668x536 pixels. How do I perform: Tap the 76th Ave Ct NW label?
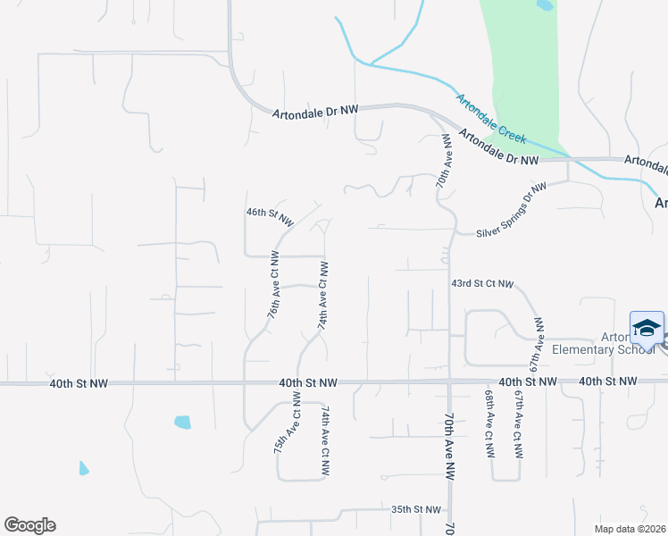pos(274,285)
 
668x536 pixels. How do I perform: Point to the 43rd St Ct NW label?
pos(482,284)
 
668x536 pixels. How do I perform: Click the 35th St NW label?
pos(416,509)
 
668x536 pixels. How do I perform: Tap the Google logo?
pos(29,525)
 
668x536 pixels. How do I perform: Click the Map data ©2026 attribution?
pos(630,528)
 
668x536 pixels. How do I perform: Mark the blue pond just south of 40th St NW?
pos(183,422)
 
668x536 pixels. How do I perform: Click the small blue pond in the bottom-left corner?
pos(84,468)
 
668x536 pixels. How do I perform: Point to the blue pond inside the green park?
pos(545,4)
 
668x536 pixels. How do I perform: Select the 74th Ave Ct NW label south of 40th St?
pos(326,429)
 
